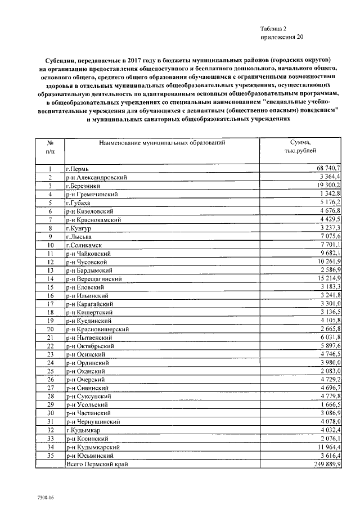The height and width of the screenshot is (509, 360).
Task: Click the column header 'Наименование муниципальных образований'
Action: coord(162,143)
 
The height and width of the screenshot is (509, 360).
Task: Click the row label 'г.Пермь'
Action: coord(77,169)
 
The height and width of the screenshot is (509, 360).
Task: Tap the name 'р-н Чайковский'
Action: coord(87,254)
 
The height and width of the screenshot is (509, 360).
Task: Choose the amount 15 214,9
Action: coord(328,278)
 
